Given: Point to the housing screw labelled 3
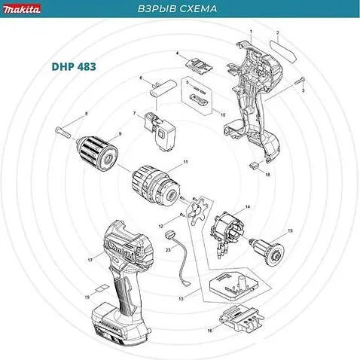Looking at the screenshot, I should [299, 80].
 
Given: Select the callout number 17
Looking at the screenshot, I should [90, 260].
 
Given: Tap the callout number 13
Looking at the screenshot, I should [180, 298].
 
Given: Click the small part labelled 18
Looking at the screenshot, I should [256, 164].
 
